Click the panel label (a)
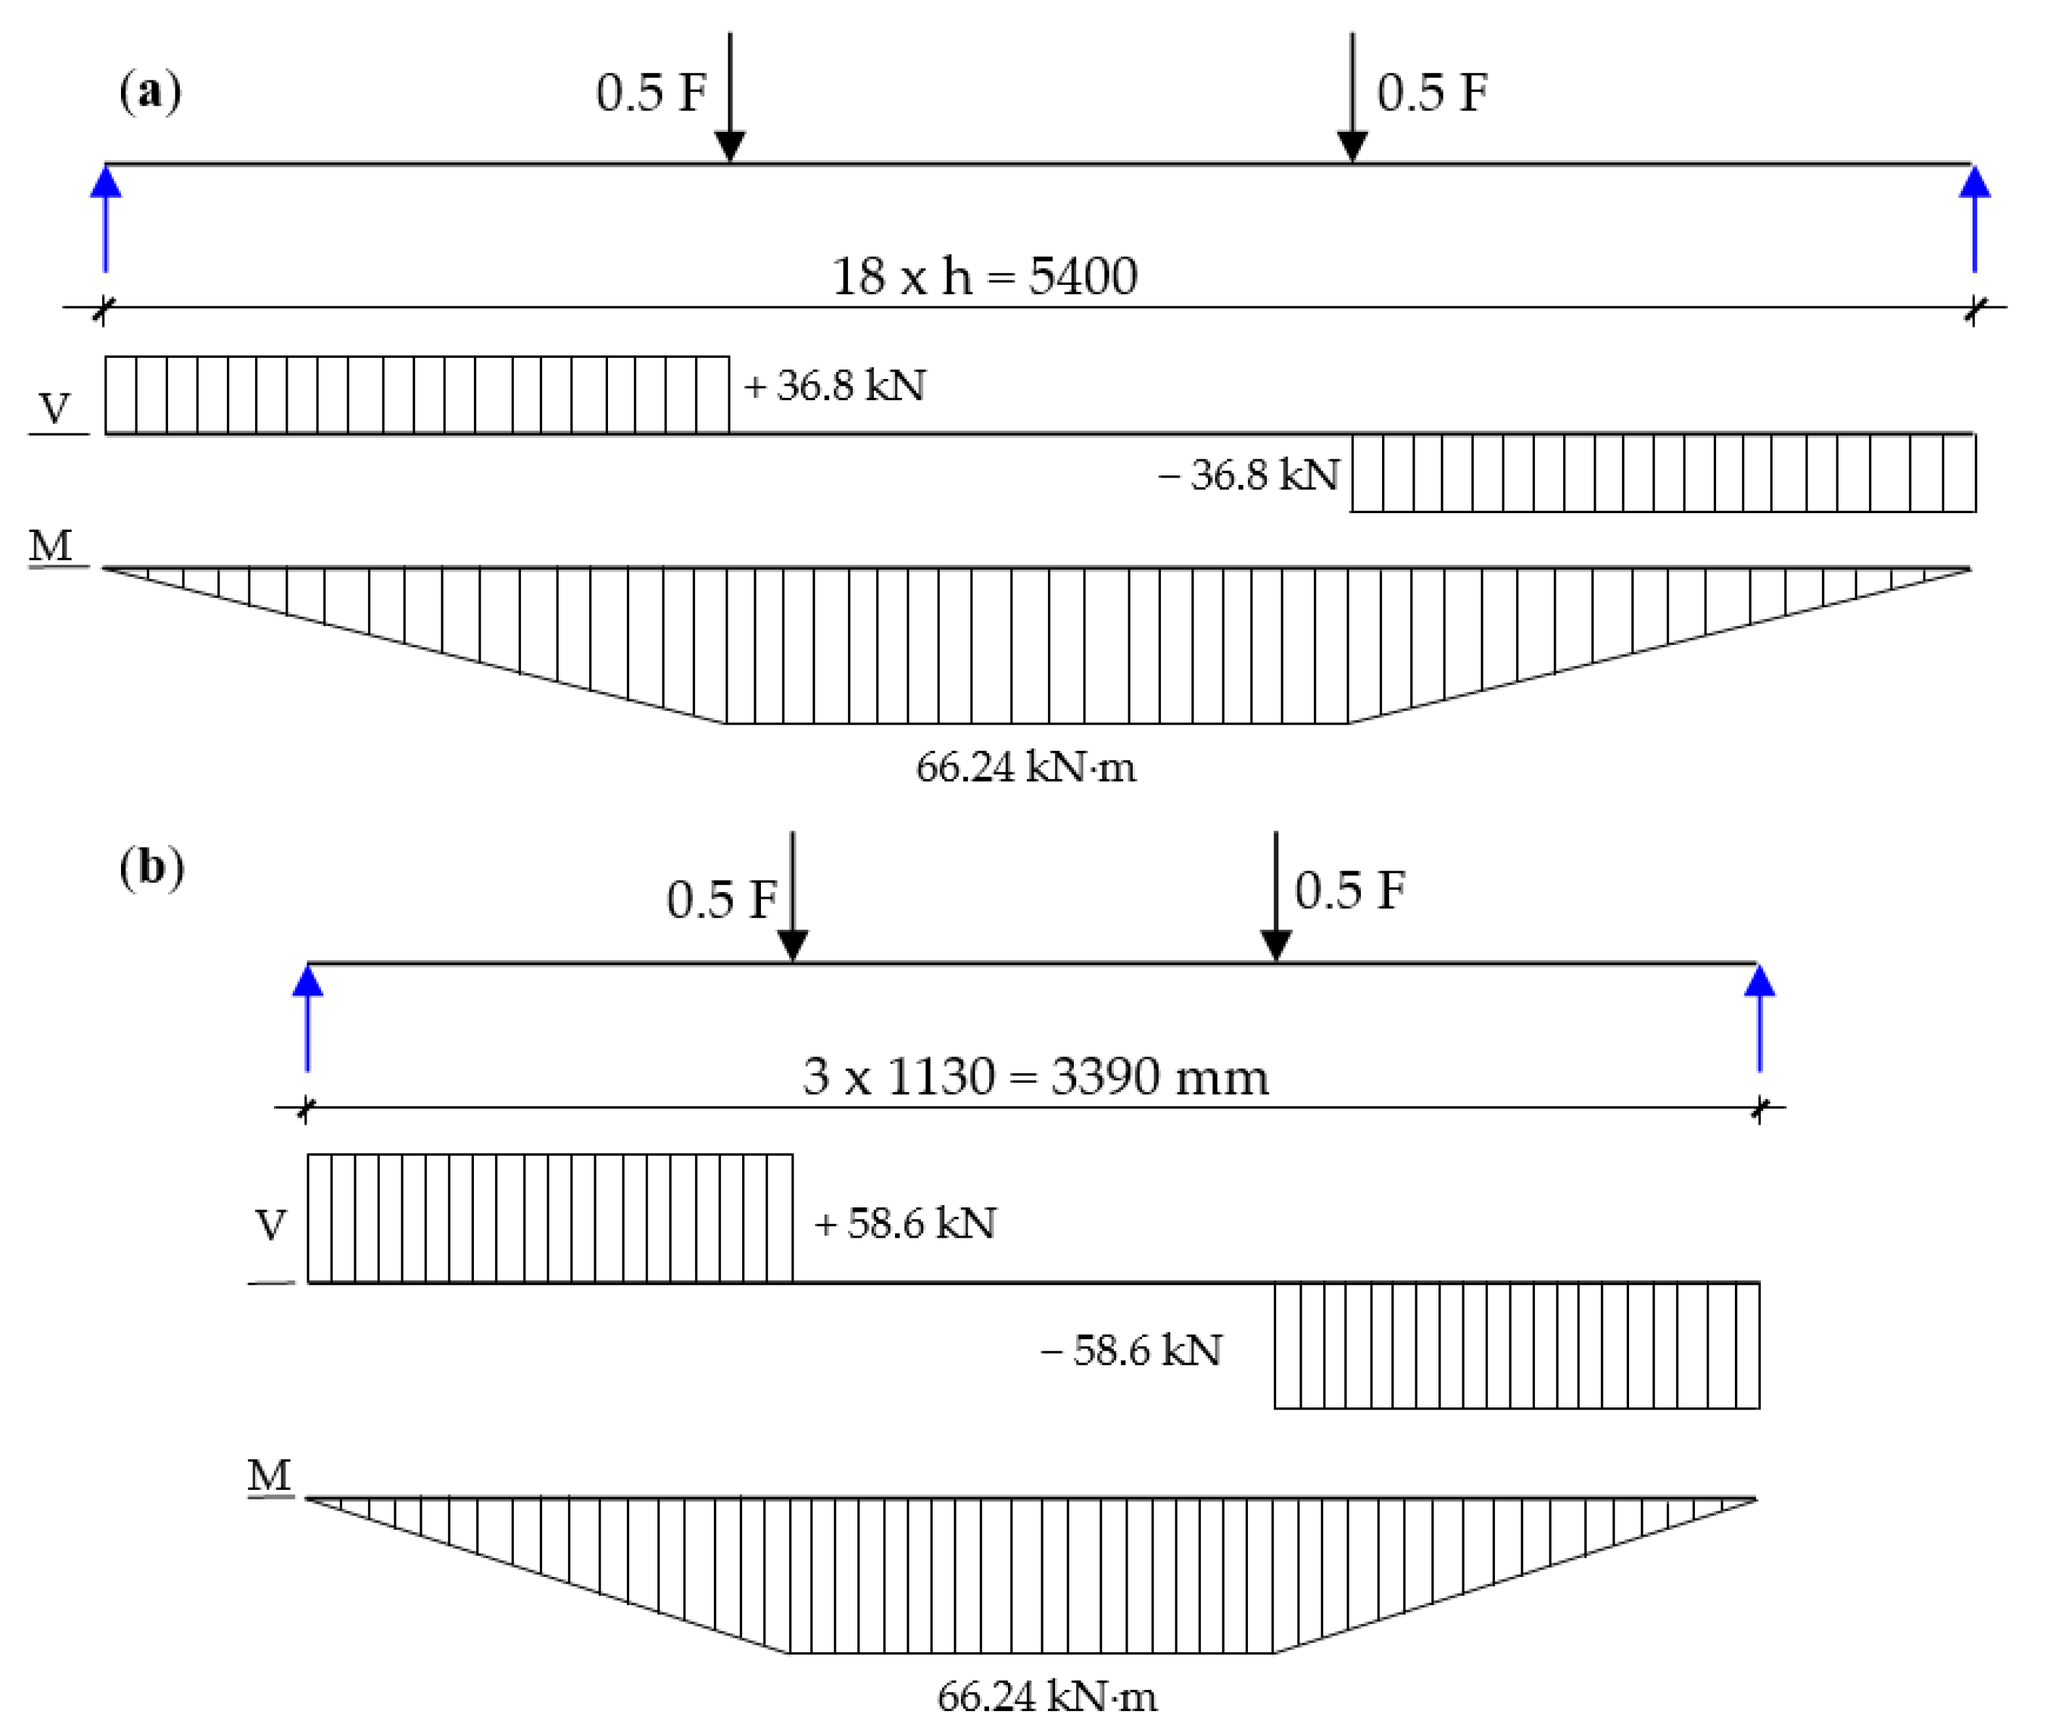click(x=150, y=92)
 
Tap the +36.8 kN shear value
click(x=835, y=386)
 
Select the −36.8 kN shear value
click(x=1249, y=475)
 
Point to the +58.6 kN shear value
click(x=905, y=1223)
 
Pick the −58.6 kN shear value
click(x=1131, y=1351)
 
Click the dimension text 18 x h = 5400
click(x=985, y=276)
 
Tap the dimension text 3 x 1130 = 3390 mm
click(x=1036, y=1077)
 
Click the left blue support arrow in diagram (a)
click(x=106, y=218)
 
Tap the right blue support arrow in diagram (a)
click(x=1975, y=218)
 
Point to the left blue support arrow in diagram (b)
click(x=308, y=1017)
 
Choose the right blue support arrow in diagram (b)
click(x=1760, y=1017)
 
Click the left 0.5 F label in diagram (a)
click(x=651, y=93)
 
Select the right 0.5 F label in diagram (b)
click(x=1350, y=891)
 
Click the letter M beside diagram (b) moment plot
click(x=270, y=1475)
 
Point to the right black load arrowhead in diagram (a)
click(x=1353, y=146)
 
